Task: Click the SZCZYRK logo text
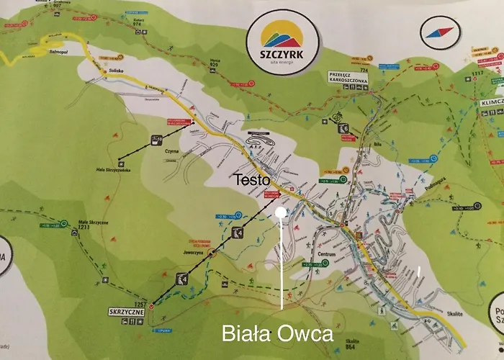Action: click(x=282, y=54)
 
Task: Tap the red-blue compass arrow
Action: click(x=439, y=32)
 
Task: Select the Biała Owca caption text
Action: click(x=278, y=333)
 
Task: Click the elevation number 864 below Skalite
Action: click(x=352, y=346)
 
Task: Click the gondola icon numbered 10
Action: click(x=157, y=138)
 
